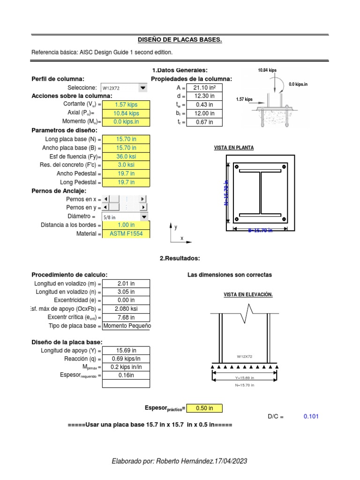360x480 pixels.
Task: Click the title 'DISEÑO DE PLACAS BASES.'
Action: click(x=180, y=40)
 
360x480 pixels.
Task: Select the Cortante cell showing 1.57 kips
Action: click(x=126, y=105)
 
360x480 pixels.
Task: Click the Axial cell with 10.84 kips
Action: click(x=126, y=113)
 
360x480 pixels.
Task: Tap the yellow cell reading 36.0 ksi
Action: click(x=126, y=157)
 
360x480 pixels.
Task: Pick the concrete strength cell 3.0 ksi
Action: click(x=126, y=165)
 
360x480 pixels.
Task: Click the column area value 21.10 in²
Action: click(x=204, y=88)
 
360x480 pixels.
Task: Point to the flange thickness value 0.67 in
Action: click(x=204, y=122)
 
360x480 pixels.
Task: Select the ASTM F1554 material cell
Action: click(x=126, y=233)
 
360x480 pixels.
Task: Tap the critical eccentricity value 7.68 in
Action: click(x=126, y=317)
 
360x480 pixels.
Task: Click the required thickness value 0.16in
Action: click(x=126, y=375)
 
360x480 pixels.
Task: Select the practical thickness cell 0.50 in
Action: click(x=204, y=408)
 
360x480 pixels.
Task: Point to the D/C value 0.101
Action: click(x=311, y=416)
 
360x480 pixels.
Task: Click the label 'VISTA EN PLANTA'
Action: click(x=234, y=148)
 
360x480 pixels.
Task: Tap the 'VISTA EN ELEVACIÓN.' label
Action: click(x=248, y=294)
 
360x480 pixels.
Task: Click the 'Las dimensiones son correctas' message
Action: click(x=229, y=275)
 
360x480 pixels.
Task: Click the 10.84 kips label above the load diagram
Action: click(x=267, y=70)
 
